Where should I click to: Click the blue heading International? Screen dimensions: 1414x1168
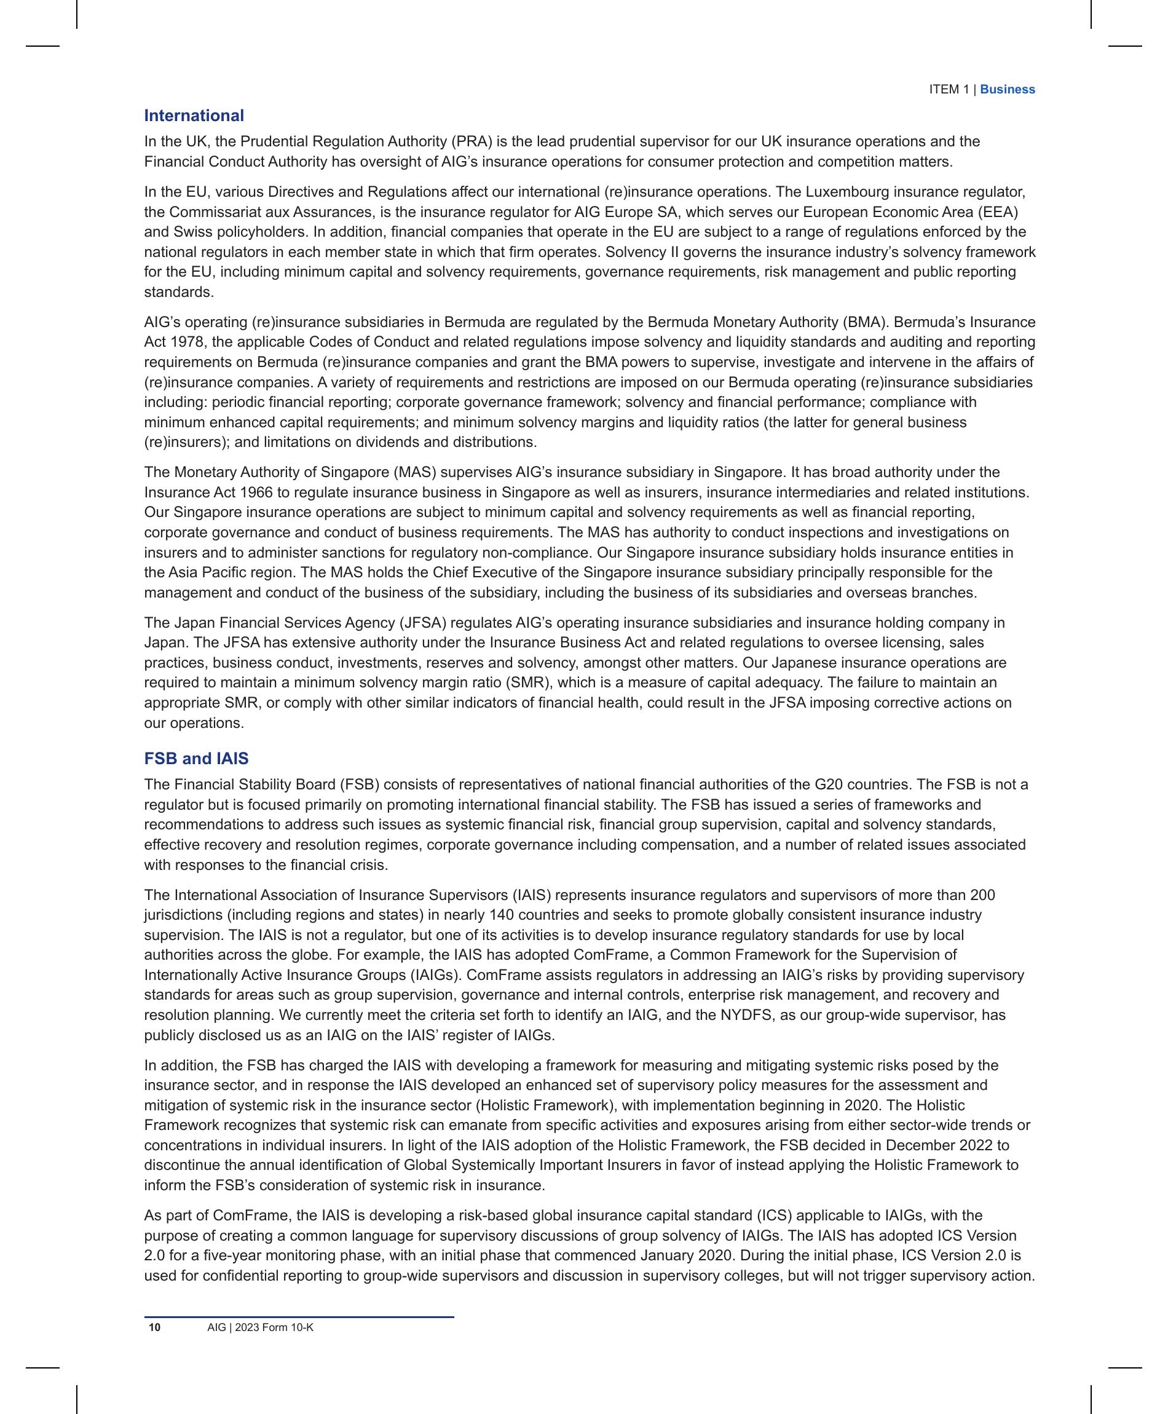(194, 116)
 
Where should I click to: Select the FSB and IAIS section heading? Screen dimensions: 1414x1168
(195, 758)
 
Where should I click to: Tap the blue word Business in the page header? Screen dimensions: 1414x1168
(1007, 90)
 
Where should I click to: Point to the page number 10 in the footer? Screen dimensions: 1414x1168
(155, 1327)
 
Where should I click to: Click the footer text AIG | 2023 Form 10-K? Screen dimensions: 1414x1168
(261, 1327)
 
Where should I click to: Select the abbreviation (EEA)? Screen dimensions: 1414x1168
(998, 213)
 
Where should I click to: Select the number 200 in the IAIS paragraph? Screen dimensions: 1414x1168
(982, 895)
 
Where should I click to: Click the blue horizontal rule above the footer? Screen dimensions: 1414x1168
(299, 1317)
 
